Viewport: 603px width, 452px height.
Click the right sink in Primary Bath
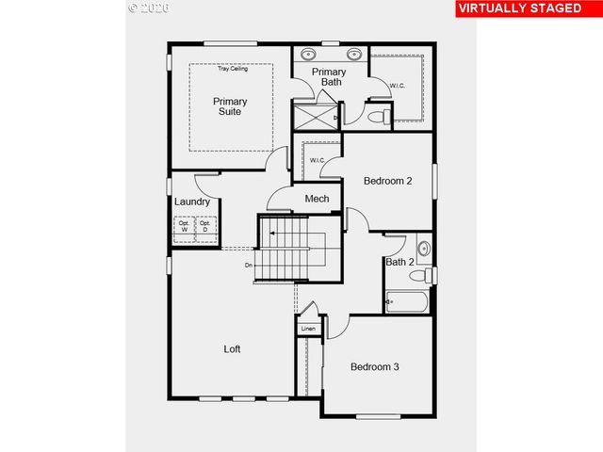pyautogui.click(x=355, y=53)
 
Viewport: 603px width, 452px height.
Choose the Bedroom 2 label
pyautogui.click(x=388, y=181)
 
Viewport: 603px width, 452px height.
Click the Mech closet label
pyautogui.click(x=317, y=199)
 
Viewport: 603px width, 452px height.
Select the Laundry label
pyautogui.click(x=192, y=202)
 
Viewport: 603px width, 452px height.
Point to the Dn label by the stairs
pyautogui.click(x=249, y=266)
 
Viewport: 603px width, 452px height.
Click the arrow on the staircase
pyautogui.click(x=268, y=231)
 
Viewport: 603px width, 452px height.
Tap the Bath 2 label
pyautogui.click(x=399, y=262)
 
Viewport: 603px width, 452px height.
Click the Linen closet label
pyautogui.click(x=308, y=328)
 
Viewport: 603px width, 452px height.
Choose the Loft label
pyautogui.click(x=232, y=348)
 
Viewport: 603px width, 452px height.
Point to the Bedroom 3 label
pyautogui.click(x=375, y=366)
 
